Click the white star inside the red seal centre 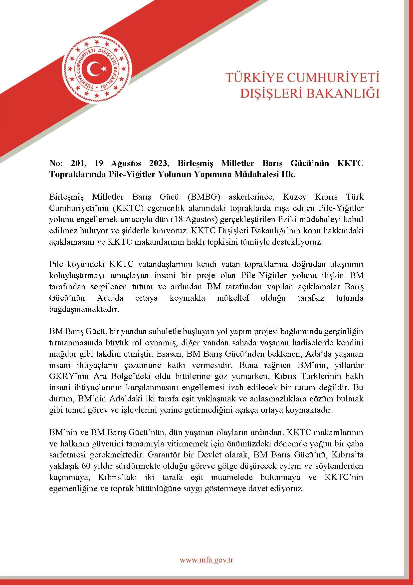(104, 69)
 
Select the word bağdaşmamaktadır (84, 309)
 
